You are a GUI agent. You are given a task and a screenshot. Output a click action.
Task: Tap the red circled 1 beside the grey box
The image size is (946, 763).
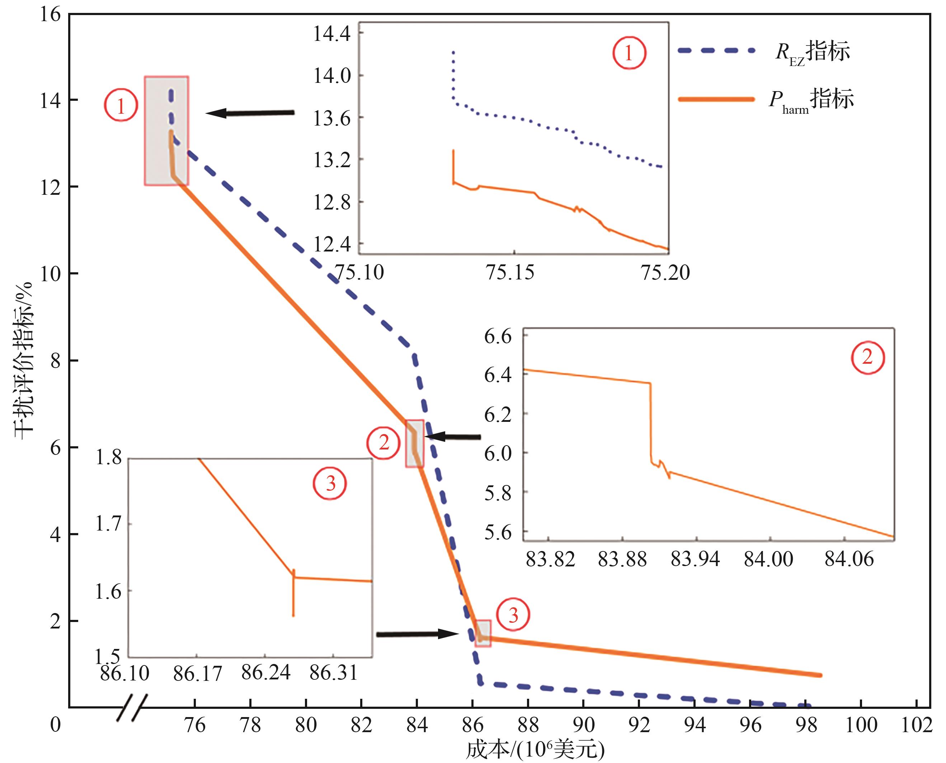coord(121,105)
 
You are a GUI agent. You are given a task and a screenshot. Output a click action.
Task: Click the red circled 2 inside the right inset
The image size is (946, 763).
coord(867,357)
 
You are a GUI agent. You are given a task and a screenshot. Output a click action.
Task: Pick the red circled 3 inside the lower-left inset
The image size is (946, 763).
coord(330,484)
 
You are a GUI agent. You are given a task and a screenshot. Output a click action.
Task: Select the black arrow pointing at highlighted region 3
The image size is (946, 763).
coord(418,634)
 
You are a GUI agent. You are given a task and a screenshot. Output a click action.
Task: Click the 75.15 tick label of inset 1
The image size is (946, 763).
coord(510,273)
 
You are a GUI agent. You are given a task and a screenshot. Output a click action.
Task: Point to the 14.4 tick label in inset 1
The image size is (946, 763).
coord(332,34)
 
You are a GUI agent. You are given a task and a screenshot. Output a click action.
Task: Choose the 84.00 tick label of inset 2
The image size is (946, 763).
coord(768,559)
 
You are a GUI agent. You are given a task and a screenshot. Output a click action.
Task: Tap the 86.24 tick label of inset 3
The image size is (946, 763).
coord(266,673)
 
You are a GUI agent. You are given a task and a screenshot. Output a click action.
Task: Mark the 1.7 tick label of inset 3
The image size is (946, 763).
coord(109,524)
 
